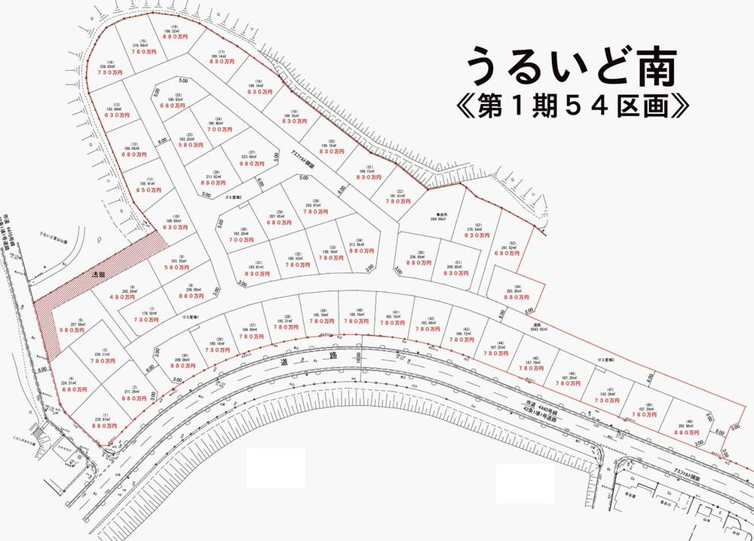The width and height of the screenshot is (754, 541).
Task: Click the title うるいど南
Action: (x=570, y=67)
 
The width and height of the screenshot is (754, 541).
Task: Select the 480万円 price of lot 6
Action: (x=133, y=297)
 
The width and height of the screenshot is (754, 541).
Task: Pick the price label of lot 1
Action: (x=106, y=426)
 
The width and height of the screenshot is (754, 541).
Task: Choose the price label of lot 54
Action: (x=517, y=297)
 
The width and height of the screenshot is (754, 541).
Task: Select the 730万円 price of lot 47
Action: (x=606, y=401)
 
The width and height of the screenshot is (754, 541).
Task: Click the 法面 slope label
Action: (x=97, y=275)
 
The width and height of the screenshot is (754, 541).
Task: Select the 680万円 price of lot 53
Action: (x=507, y=254)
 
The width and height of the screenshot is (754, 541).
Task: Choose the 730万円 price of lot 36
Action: (x=217, y=350)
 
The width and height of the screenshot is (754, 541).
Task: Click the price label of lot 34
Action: (x=357, y=251)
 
